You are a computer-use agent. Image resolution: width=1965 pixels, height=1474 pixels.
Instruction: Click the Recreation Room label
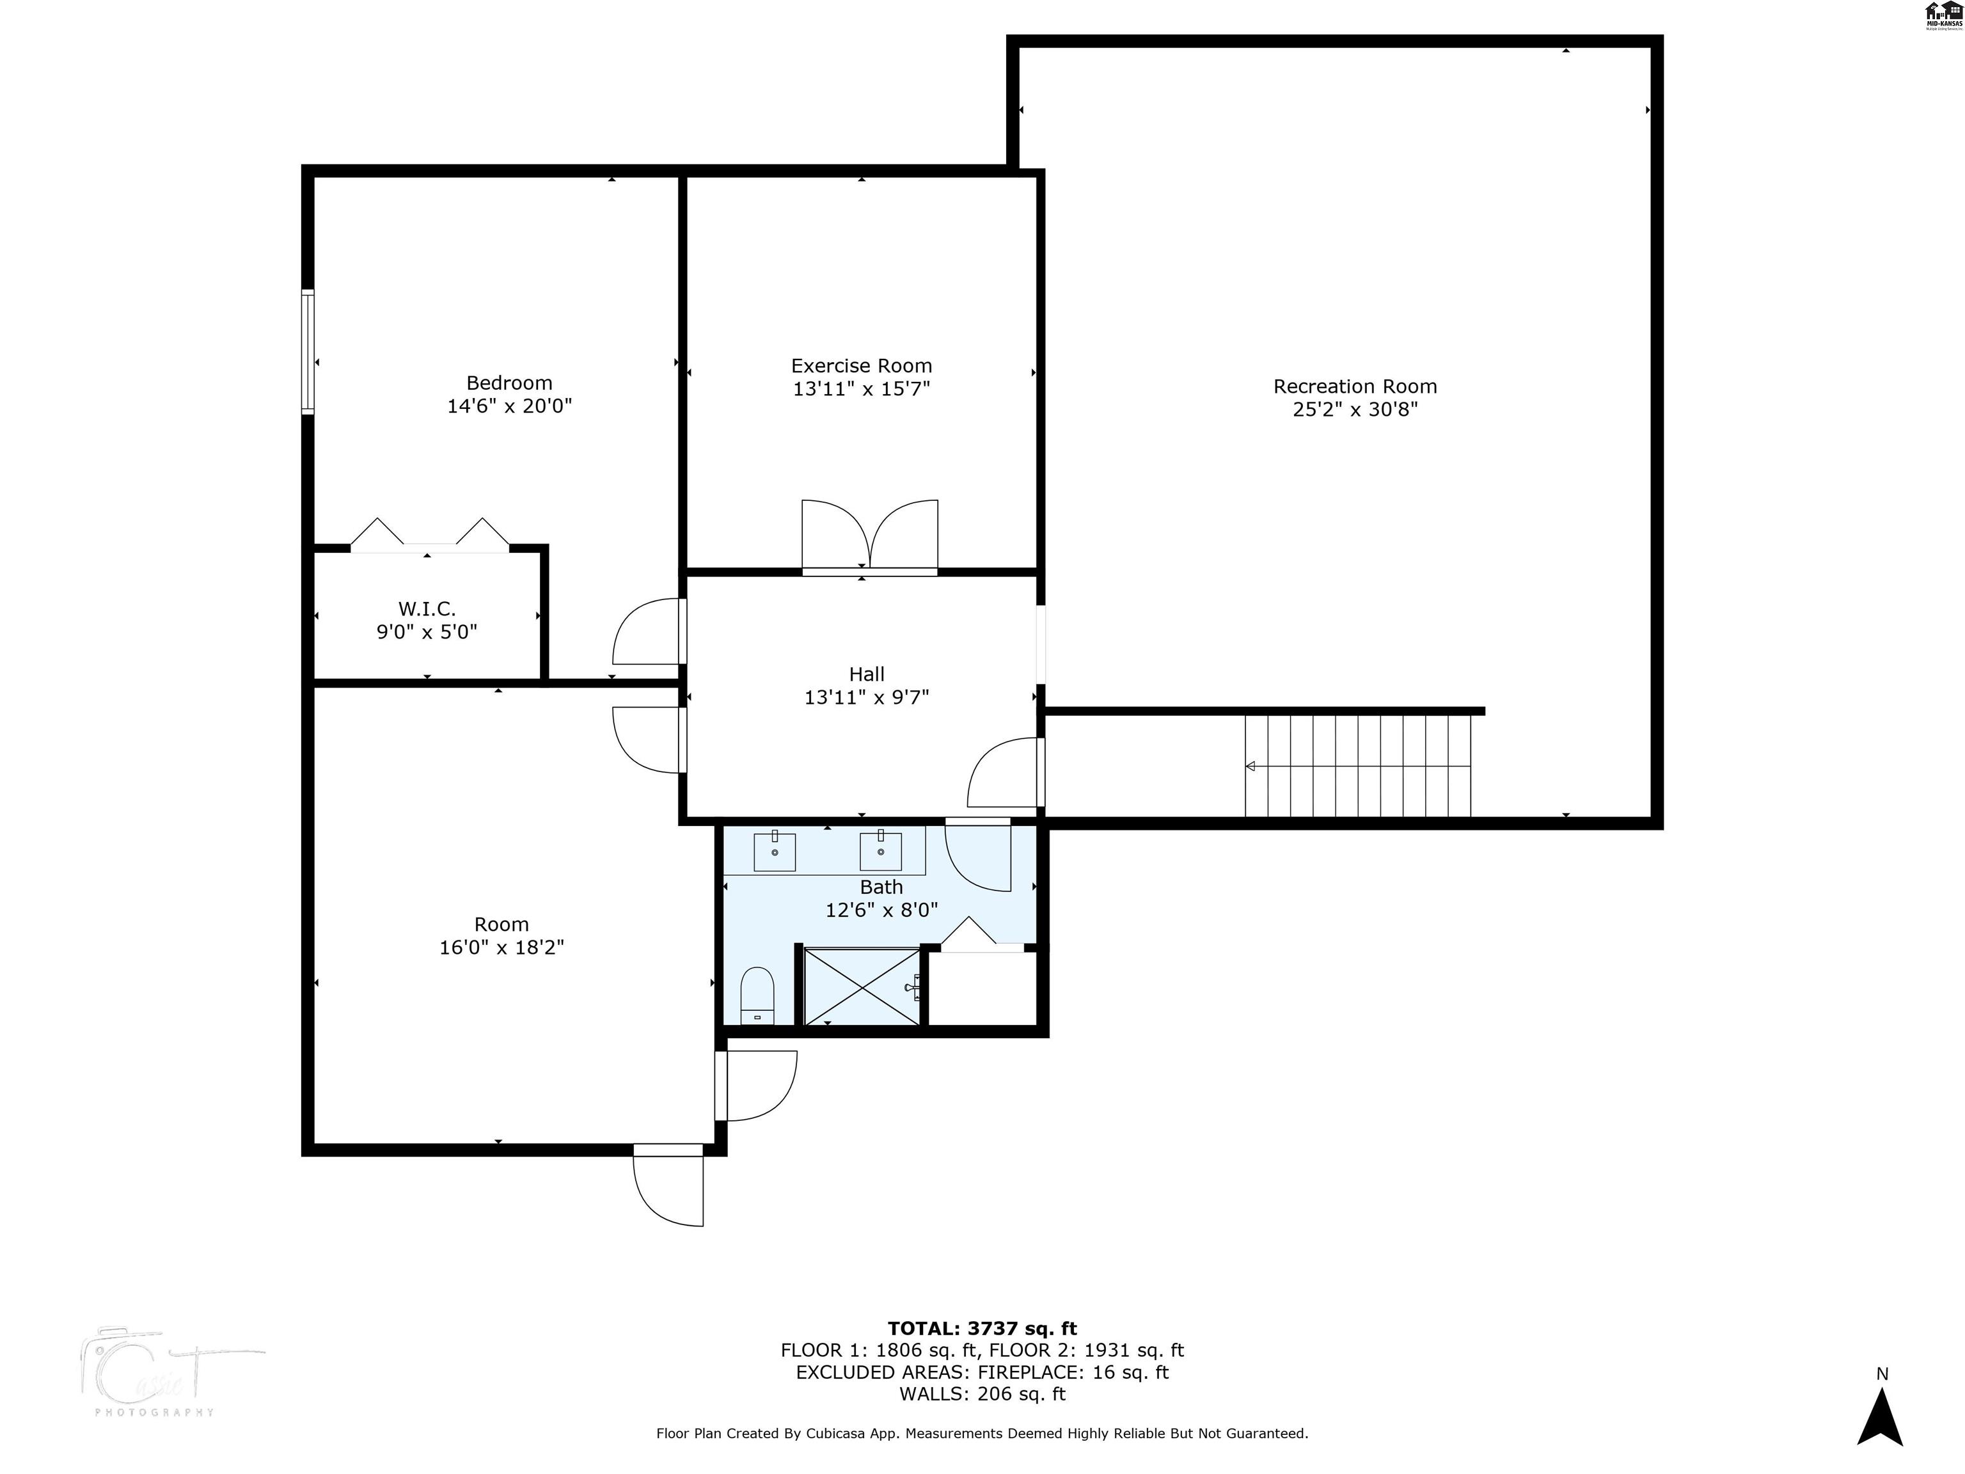click(1355, 386)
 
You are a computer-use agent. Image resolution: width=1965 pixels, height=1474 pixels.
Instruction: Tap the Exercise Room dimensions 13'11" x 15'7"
click(861, 389)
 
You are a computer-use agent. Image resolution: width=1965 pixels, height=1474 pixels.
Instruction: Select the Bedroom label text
click(509, 383)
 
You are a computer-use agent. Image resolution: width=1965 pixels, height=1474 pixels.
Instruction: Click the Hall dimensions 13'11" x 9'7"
click(866, 697)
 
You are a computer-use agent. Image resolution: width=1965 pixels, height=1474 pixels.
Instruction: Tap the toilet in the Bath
click(757, 995)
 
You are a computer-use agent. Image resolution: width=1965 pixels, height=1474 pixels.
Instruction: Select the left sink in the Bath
click(775, 851)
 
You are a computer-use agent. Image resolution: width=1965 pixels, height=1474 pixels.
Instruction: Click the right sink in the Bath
click(880, 851)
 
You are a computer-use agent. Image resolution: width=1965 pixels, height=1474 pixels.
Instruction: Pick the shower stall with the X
click(862, 987)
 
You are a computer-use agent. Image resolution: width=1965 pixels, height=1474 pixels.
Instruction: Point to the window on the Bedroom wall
click(308, 352)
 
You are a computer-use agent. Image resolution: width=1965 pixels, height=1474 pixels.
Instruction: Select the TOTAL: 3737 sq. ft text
click(982, 1328)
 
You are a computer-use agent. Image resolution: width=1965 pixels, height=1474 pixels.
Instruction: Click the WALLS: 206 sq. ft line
click(982, 1394)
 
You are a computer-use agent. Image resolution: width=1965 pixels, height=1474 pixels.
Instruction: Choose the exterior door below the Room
click(668, 1186)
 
